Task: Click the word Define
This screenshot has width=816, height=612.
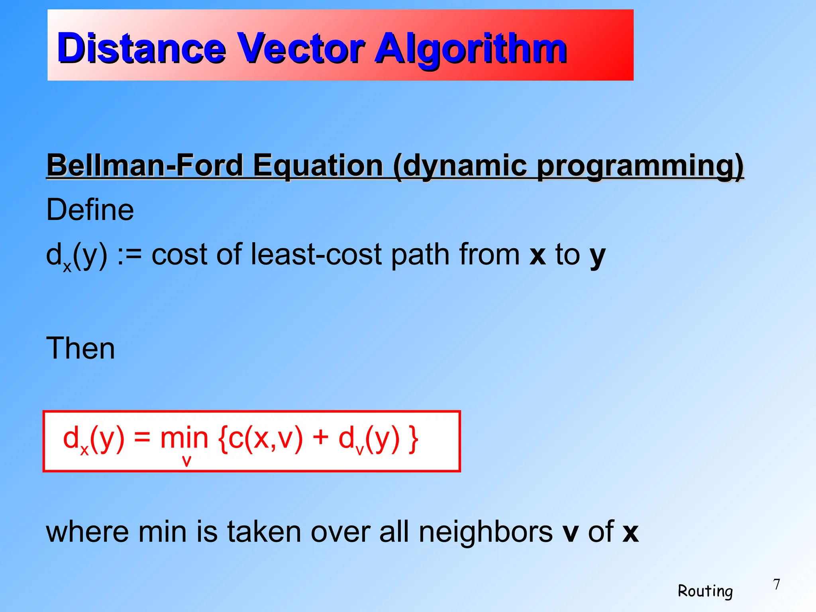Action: pyautogui.click(x=90, y=210)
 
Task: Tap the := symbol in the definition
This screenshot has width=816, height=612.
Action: pyautogui.click(x=129, y=255)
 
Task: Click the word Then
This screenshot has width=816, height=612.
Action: pyautogui.click(x=80, y=348)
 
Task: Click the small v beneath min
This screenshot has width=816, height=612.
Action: pyautogui.click(x=186, y=461)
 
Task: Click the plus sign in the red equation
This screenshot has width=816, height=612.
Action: pyautogui.click(x=320, y=438)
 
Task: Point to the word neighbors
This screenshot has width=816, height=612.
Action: pyautogui.click(x=485, y=532)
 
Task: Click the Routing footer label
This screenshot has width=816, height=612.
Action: pyautogui.click(x=705, y=591)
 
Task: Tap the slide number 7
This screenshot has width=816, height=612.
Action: pyautogui.click(x=776, y=585)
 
